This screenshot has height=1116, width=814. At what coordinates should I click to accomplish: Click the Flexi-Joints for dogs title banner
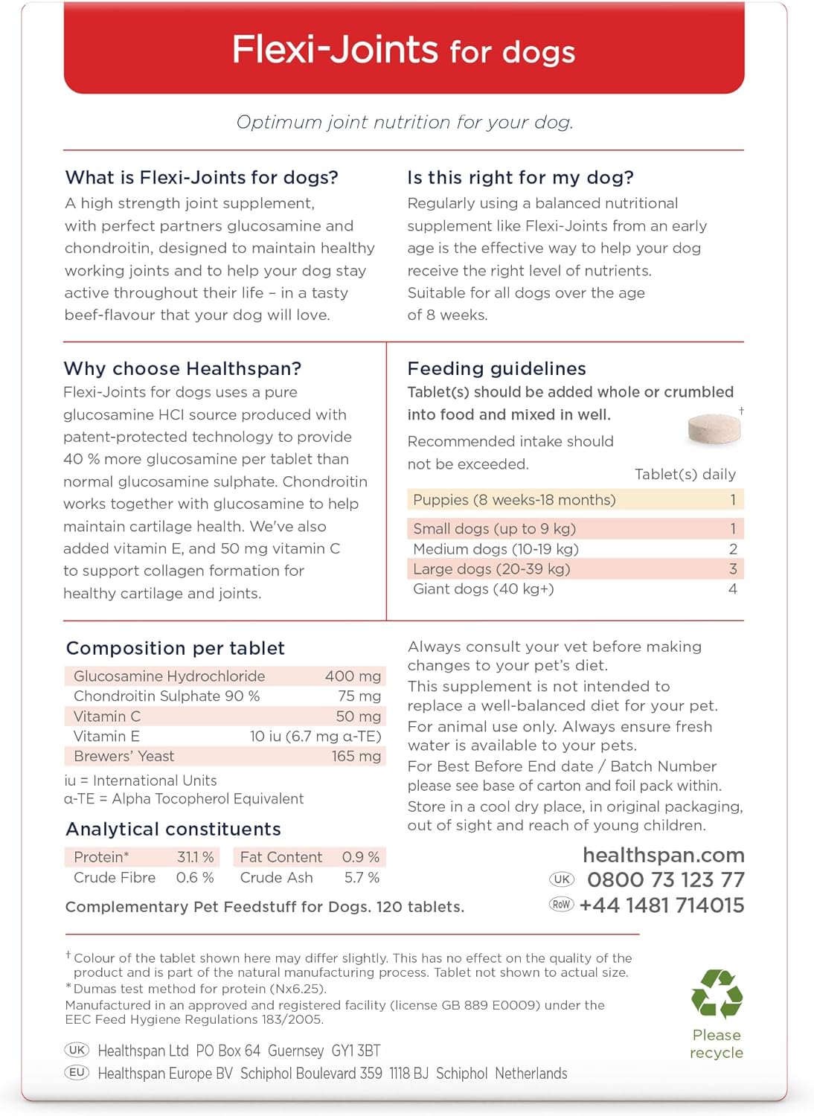[x=404, y=51]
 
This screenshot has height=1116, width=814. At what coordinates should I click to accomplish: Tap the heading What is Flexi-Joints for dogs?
[x=202, y=177]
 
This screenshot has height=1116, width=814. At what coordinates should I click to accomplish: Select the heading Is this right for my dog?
[x=520, y=177]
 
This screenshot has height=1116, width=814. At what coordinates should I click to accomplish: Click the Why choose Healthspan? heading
[x=182, y=368]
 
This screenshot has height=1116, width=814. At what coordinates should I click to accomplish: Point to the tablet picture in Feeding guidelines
[x=714, y=429]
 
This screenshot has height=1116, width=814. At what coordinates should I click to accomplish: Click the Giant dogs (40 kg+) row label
[x=483, y=589]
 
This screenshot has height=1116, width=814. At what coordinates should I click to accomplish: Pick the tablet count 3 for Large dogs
[x=732, y=569]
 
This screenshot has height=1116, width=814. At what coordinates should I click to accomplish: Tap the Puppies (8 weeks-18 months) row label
[x=514, y=500]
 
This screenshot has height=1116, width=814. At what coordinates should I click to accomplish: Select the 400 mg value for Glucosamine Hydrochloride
[x=353, y=676]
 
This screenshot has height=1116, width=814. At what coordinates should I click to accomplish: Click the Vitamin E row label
[x=106, y=737]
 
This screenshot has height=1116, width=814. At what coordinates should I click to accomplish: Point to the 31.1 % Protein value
[x=195, y=857]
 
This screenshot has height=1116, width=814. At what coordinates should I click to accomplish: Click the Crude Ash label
[x=276, y=878]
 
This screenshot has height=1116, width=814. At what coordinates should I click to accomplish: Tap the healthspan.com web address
[x=663, y=855]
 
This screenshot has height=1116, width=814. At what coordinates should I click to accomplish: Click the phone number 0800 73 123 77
[x=665, y=880]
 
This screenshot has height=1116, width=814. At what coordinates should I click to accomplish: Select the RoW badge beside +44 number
[x=561, y=905]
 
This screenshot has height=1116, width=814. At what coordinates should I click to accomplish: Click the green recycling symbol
[x=716, y=993]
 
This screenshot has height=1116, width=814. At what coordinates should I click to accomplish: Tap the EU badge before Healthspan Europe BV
[x=77, y=1073]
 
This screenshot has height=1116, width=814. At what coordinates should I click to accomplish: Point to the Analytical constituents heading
[x=173, y=830]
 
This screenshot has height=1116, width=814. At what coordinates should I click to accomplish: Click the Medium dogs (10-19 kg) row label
[x=496, y=549]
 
